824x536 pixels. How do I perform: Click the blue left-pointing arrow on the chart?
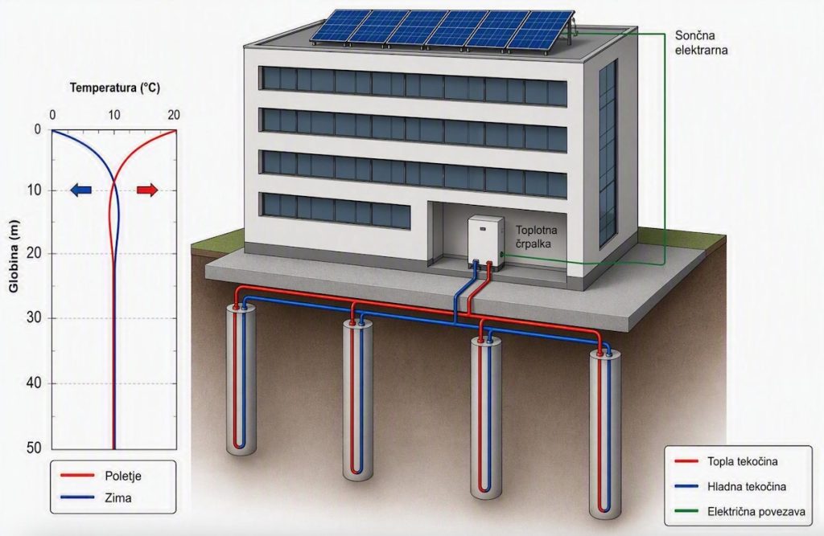[x=81, y=190]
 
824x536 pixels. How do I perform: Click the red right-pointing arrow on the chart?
[x=147, y=190]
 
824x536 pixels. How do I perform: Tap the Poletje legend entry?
[x=101, y=476]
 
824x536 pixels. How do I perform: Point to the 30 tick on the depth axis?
[x=34, y=318]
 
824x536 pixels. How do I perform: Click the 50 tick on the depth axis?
[x=34, y=448]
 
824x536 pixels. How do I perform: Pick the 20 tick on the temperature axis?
[x=174, y=115]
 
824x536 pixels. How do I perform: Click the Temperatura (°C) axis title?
[x=115, y=88]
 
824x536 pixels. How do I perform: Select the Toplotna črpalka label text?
[x=536, y=237]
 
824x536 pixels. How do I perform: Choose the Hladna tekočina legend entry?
[x=731, y=487]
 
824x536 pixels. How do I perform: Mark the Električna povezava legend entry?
[x=740, y=511]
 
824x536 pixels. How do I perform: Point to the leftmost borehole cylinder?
[x=241, y=378]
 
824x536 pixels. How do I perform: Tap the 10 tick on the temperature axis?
[x=113, y=115]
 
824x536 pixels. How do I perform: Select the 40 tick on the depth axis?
[x=34, y=383]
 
